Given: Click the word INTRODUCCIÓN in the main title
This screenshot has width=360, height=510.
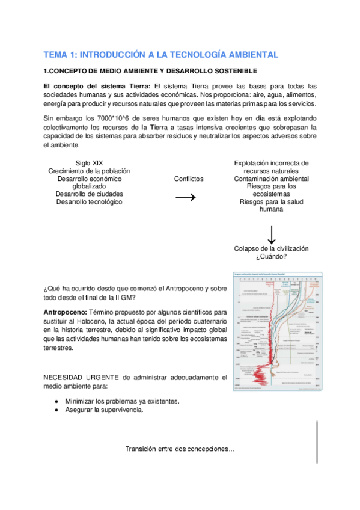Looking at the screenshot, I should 111,55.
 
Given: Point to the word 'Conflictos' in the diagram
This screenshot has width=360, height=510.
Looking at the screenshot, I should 189,179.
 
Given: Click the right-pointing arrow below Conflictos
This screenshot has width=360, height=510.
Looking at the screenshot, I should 189,198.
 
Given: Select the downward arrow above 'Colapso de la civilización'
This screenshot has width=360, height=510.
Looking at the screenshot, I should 271,233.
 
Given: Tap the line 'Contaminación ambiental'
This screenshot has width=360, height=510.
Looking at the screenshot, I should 271,179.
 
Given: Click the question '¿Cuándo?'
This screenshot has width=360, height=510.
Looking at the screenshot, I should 271,256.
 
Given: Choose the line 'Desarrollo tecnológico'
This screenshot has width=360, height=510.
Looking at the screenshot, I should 89,202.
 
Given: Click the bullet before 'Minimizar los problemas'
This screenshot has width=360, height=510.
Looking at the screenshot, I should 56,401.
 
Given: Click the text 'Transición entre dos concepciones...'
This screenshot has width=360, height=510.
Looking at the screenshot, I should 180,449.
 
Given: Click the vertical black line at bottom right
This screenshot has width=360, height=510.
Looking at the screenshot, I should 317,442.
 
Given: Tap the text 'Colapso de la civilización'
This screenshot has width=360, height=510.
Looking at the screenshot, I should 271,248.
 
